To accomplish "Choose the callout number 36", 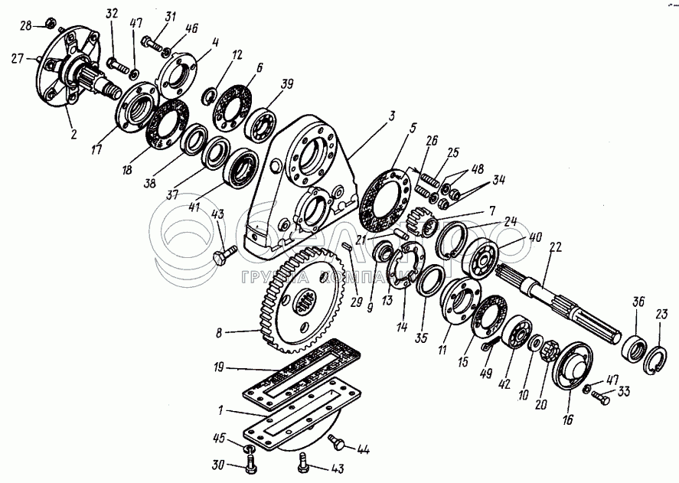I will [x=638, y=302].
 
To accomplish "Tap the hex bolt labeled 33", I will [x=601, y=396].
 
